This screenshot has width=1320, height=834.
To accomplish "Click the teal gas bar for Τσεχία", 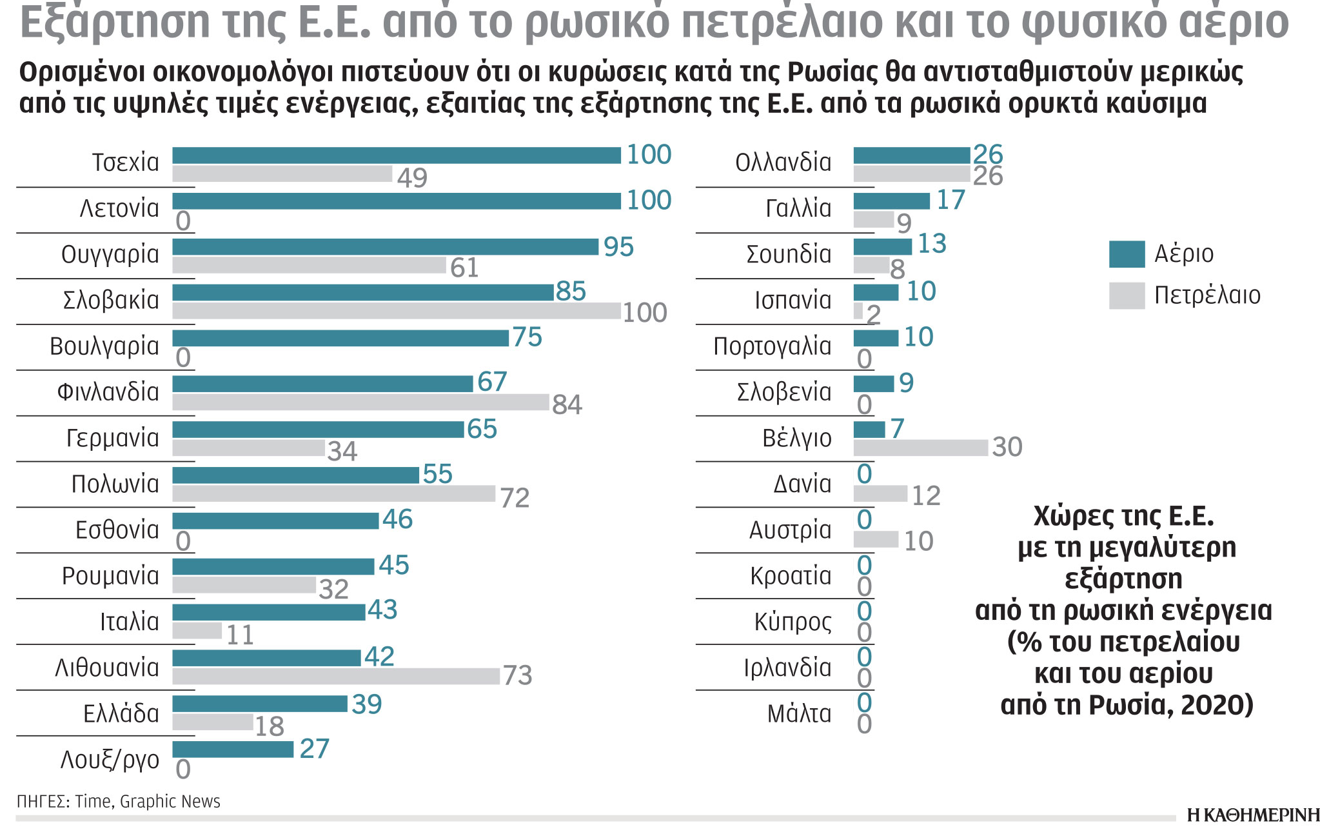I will [x=396, y=155].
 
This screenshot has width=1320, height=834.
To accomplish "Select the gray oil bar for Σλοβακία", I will [x=396, y=311].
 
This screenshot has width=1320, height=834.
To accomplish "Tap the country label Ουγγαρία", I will [x=110, y=255].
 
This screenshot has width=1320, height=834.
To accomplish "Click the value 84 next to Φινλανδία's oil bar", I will [x=567, y=405].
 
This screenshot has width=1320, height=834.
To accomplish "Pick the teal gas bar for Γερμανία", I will [x=318, y=430].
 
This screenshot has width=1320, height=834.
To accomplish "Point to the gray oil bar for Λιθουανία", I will [x=335, y=676].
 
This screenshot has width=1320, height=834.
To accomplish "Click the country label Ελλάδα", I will [x=121, y=714].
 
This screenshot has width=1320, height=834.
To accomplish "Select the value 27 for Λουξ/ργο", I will [x=315, y=749].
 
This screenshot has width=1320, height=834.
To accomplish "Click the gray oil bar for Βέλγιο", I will [x=920, y=448].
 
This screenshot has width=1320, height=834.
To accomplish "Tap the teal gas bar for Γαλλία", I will [x=891, y=201].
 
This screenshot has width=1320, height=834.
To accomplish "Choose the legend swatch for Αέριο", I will [x=1127, y=254].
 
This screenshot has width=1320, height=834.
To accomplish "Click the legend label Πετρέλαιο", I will [x=1207, y=295].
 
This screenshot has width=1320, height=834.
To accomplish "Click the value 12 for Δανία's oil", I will [x=926, y=496].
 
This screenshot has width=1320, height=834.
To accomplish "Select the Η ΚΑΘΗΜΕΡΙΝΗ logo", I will [x=1253, y=815].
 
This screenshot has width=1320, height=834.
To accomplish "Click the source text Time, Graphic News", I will [x=148, y=802].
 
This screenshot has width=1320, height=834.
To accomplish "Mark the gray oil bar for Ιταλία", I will [x=197, y=631].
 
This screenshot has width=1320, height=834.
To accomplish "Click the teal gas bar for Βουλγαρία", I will [x=340, y=338].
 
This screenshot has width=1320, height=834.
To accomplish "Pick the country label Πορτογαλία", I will [x=772, y=347].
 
